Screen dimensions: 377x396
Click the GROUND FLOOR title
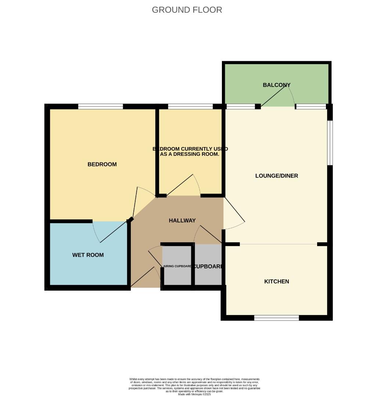187,10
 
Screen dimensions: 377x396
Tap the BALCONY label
276,85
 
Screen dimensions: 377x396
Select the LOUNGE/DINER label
276,176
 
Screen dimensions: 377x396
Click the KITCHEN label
277,282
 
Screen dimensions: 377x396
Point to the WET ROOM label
88,255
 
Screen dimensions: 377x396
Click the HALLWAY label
182,220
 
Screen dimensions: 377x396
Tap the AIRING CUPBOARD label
177,266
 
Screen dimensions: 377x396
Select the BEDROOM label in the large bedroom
102,164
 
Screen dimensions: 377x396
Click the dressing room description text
190,151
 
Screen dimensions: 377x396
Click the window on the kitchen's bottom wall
276,318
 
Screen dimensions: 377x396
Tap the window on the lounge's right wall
330,143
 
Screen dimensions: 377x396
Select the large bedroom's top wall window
100,106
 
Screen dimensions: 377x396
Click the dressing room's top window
190,106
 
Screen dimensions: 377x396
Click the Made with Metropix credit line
195,394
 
